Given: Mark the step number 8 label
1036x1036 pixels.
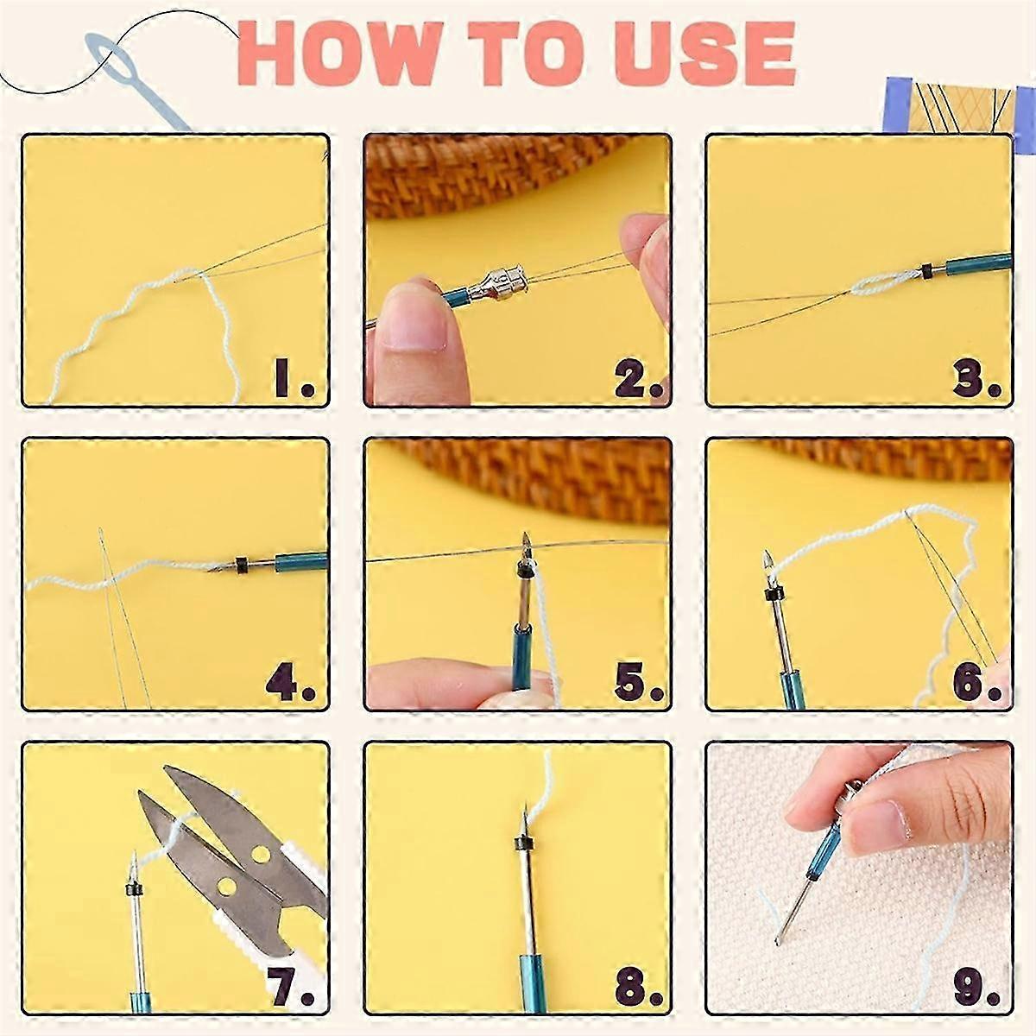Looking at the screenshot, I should click(637, 987).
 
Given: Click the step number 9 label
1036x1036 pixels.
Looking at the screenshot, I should click(976, 987).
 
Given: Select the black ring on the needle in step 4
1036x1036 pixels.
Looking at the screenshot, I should click(242, 565).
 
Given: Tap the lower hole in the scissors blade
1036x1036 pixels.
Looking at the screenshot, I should click(227, 887).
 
